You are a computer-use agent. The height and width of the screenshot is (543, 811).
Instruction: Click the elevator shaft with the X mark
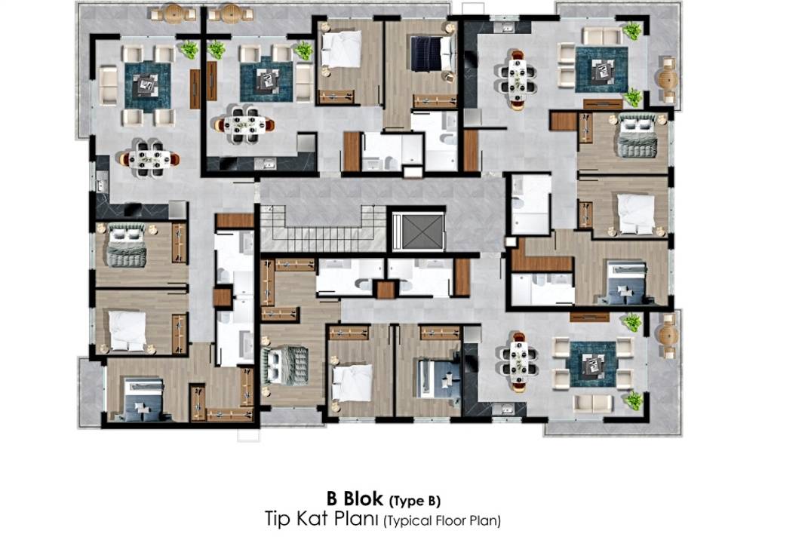(x=419, y=230)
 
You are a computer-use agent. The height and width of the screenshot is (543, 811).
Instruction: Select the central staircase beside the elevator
(x=323, y=228)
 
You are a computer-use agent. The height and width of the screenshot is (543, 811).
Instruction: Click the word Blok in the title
(x=364, y=499)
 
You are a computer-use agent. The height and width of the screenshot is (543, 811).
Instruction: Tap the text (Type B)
(x=414, y=501)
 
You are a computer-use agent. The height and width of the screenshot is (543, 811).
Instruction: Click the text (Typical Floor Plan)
(x=442, y=520)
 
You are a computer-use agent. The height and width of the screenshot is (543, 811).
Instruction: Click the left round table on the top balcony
(x=174, y=14)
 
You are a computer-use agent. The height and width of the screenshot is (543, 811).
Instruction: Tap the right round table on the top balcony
(x=230, y=14)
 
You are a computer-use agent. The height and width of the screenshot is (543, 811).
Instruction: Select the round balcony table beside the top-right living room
(x=667, y=79)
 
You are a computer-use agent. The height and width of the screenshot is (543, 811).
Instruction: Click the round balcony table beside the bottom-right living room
(x=667, y=336)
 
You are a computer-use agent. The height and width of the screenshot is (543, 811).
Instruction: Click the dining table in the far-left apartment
(x=149, y=159)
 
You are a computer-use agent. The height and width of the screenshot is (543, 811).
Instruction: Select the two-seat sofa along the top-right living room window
(x=602, y=35)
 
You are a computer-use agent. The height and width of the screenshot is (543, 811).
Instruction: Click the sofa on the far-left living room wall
(x=108, y=85)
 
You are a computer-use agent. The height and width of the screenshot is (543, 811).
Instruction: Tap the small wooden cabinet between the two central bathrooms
(x=386, y=290)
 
